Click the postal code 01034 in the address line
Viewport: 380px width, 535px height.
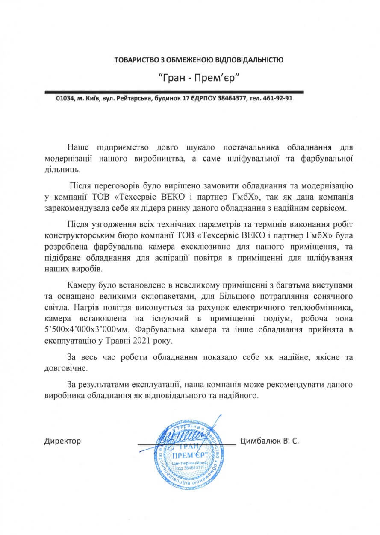[x=65, y=98]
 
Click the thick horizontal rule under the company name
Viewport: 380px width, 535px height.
[x=174, y=91]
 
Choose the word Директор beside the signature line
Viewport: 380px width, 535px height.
[x=62, y=441]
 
